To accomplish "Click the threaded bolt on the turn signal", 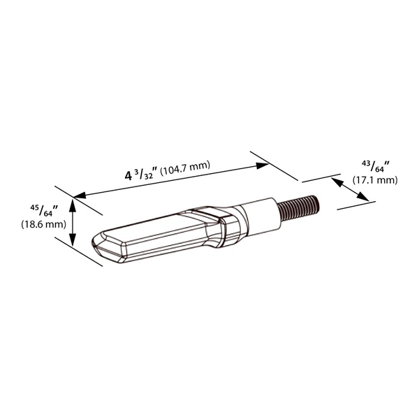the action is click(298, 208).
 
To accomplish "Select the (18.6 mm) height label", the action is click(43, 224).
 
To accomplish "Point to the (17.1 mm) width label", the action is click(375, 180).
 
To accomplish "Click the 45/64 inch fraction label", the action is click(44, 209).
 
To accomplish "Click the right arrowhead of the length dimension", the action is click(262, 166).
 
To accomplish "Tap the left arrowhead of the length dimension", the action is click(80, 196).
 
